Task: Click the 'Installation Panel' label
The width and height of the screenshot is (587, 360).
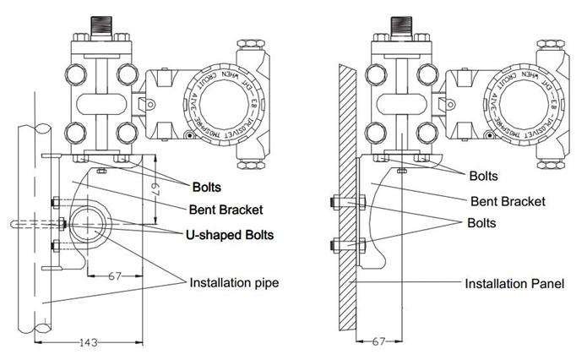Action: point(514,283)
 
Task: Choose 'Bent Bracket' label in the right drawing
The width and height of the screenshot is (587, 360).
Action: point(508,201)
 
